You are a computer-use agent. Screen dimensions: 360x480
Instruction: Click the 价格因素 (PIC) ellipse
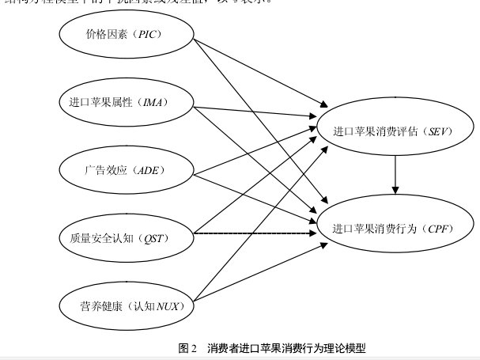[x=127, y=35]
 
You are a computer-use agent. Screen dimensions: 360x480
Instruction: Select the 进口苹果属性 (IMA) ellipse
[x=127, y=102]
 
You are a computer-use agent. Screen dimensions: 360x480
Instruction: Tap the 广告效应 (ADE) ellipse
[x=127, y=169]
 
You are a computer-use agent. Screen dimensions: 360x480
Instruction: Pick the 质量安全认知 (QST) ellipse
[x=127, y=237]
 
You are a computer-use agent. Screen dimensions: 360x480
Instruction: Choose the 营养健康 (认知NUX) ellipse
[x=127, y=304]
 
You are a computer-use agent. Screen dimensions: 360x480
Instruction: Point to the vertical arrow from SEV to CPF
[x=395, y=176]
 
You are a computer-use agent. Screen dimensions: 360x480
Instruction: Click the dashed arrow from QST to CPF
[x=253, y=234]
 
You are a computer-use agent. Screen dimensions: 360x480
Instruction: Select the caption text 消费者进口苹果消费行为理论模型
[x=287, y=348]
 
